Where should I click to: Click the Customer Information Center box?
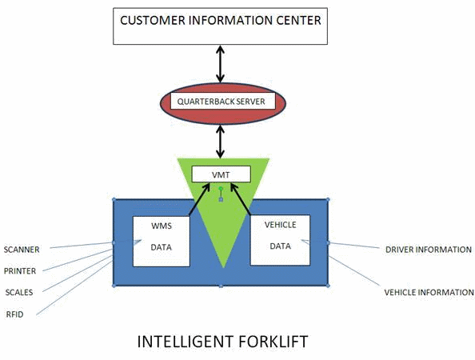220,26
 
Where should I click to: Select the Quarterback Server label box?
222,102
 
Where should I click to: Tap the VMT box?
222,174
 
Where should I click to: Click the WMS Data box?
162,242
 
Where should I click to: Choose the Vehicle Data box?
280,240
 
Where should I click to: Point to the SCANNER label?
22,250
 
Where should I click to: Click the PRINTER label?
20,271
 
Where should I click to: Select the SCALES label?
19,293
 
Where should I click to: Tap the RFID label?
14,314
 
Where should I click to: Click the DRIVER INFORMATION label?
429,250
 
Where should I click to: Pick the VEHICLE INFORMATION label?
429,293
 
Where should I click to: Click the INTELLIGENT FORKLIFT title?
222,342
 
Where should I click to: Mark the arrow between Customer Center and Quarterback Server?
221,64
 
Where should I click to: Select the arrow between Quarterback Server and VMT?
221,142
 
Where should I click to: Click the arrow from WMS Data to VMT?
199,199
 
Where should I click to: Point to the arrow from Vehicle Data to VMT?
241,198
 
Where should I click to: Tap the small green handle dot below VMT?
221,189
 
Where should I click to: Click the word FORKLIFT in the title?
273,342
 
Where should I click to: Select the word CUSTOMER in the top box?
153,20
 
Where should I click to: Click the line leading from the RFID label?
74,288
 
